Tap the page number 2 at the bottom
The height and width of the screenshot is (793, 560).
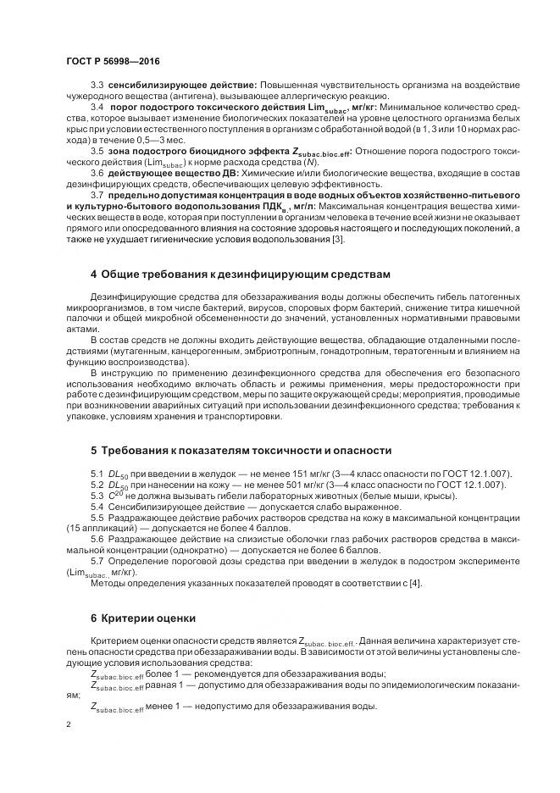tap(69, 724)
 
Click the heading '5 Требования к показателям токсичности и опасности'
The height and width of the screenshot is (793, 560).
tap(241, 449)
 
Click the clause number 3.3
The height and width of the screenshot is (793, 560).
tap(97, 86)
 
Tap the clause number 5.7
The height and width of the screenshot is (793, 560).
tap(97, 562)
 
